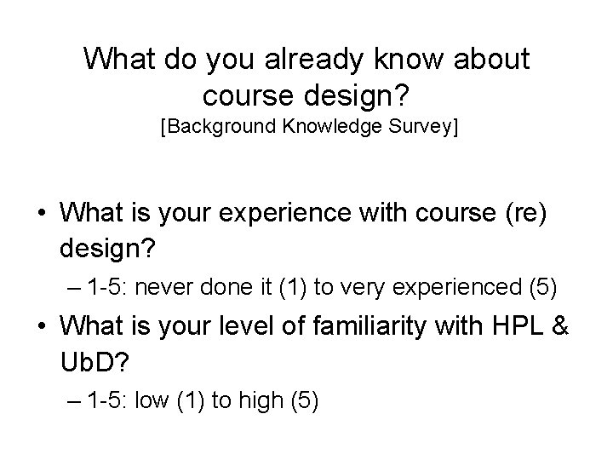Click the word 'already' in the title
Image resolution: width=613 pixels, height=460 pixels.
307,60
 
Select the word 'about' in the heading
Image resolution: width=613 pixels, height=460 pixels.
490,60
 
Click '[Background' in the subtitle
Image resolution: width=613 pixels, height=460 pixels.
212,129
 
